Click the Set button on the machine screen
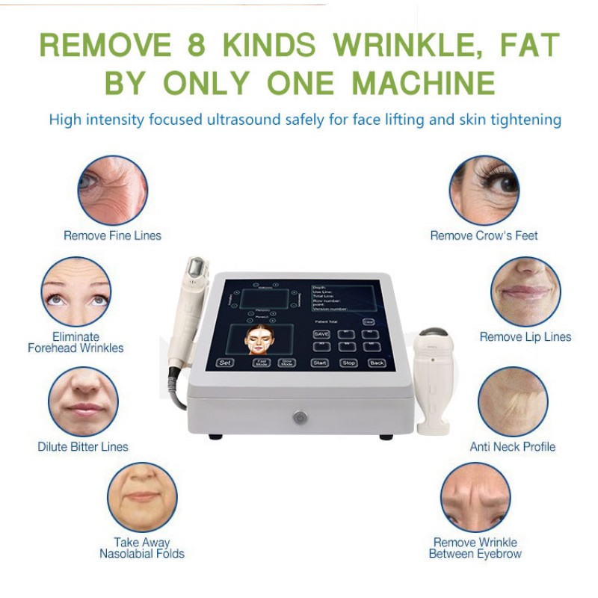[x=224, y=363]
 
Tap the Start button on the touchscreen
[x=320, y=363]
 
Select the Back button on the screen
[x=377, y=363]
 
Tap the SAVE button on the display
[x=321, y=334]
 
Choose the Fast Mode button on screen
[x=262, y=363]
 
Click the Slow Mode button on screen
[x=285, y=363]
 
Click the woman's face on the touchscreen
[x=257, y=341]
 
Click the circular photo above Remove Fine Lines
[x=113, y=190]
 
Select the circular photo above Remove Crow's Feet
[x=484, y=190]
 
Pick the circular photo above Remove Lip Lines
[x=525, y=292]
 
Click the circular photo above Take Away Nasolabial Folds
[x=142, y=497]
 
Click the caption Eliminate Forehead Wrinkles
[x=75, y=342]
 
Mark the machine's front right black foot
[x=386, y=437]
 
